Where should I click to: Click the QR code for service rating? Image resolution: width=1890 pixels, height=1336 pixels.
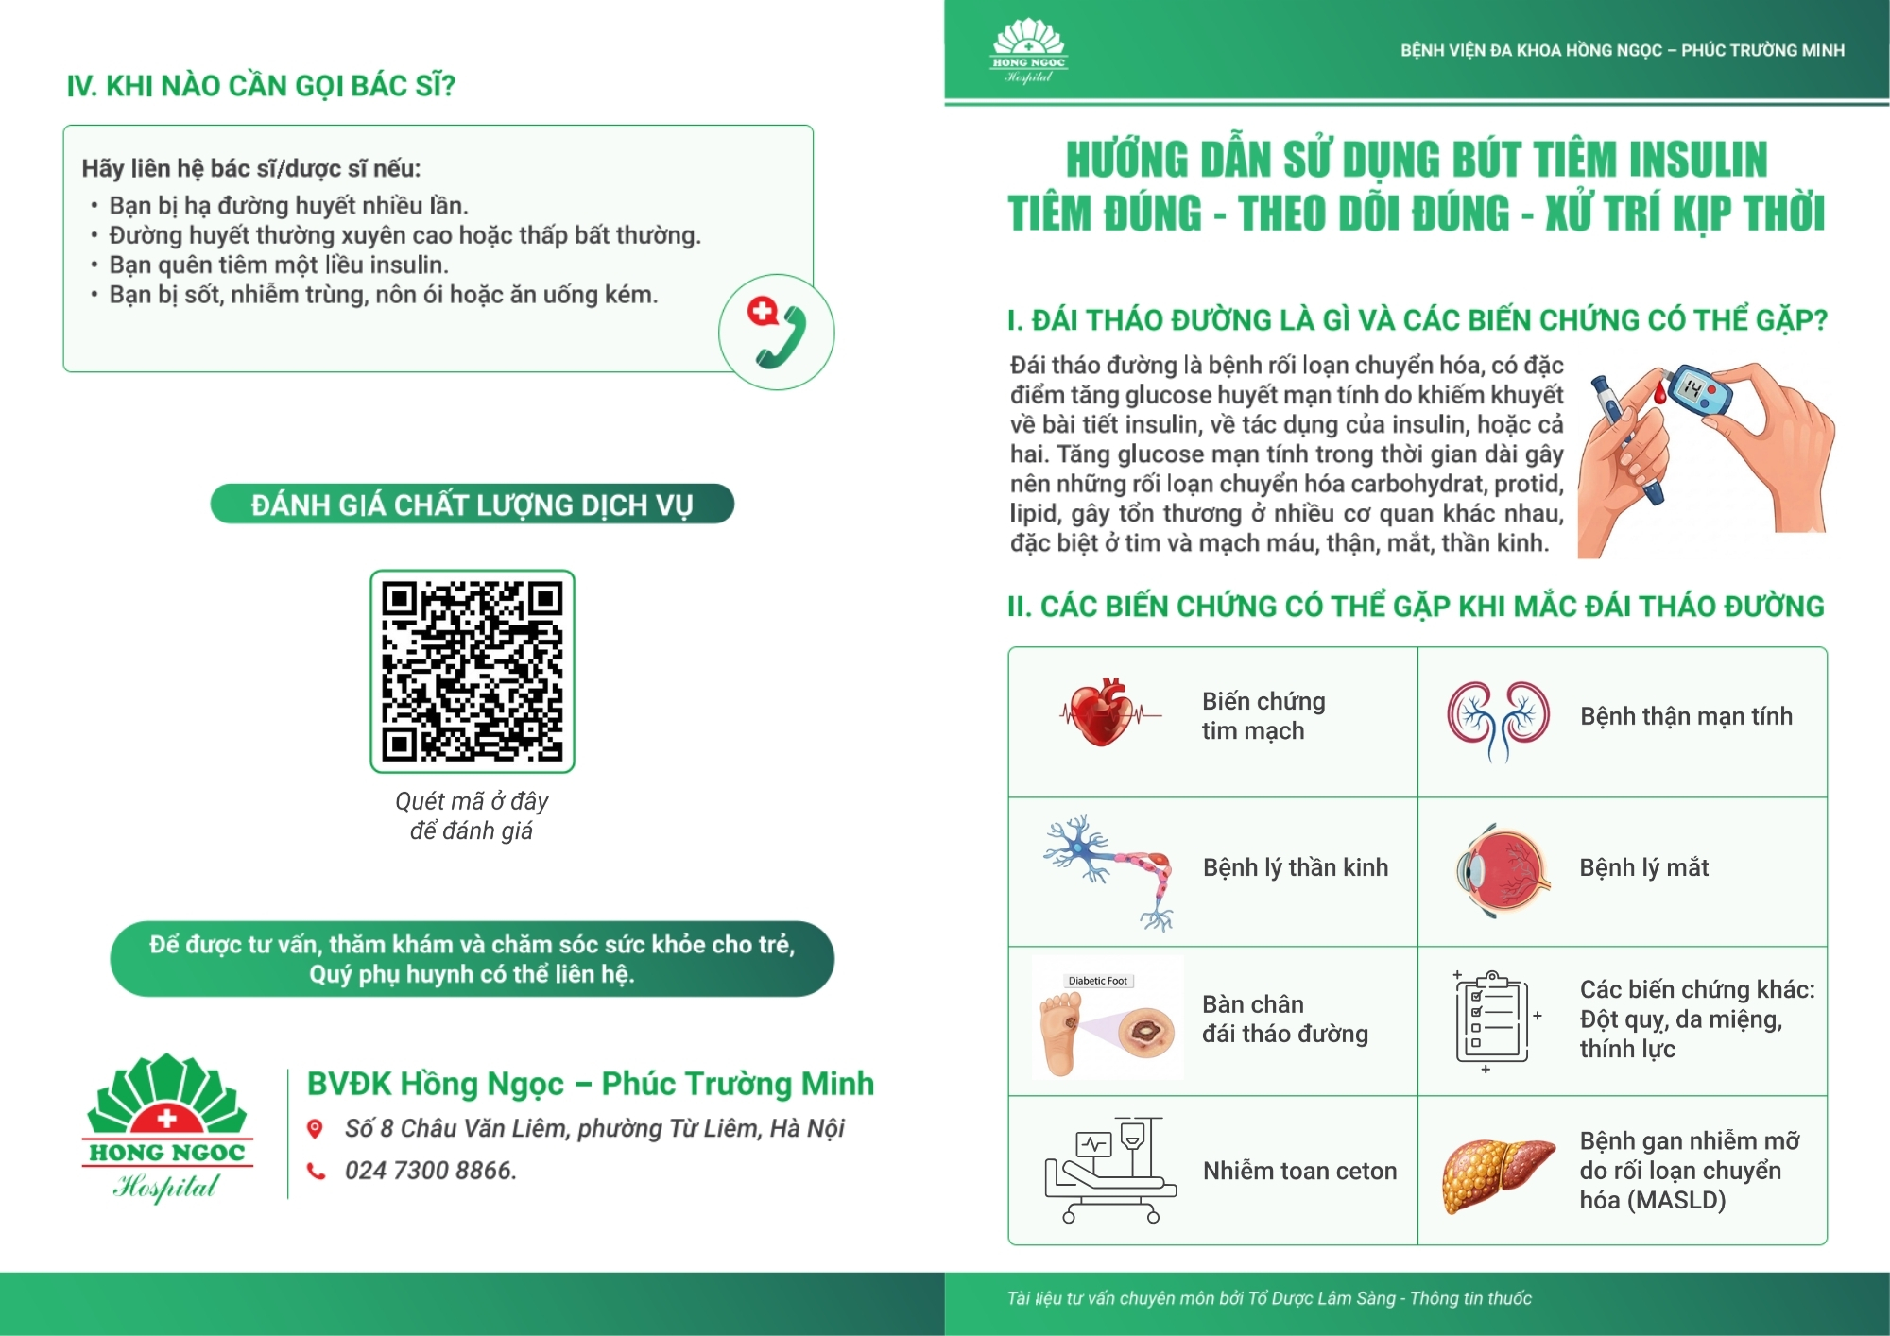point(472,671)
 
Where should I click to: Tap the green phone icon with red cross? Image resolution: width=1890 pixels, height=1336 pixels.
point(776,333)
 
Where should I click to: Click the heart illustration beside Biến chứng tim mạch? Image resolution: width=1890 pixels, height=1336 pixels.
point(1102,712)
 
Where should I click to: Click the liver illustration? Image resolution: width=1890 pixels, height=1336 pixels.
point(1498,1174)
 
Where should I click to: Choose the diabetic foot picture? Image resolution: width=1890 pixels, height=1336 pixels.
point(1108,1019)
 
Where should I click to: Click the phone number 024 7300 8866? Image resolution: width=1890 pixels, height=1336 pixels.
point(430,1171)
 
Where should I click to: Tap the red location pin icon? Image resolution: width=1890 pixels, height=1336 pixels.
point(316,1129)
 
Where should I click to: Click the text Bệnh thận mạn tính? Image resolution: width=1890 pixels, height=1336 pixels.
point(1686,716)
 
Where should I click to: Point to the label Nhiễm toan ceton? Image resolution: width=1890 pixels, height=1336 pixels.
point(1299,1171)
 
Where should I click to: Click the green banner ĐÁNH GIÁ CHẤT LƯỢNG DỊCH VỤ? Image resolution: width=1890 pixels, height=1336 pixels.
point(472,504)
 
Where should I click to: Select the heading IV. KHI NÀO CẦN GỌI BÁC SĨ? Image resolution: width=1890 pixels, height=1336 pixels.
point(261,86)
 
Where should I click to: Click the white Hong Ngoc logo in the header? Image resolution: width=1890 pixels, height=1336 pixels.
point(1029,50)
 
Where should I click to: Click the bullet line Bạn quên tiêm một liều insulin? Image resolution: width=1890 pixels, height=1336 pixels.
point(279,265)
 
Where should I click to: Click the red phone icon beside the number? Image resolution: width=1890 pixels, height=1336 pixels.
point(316,1172)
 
